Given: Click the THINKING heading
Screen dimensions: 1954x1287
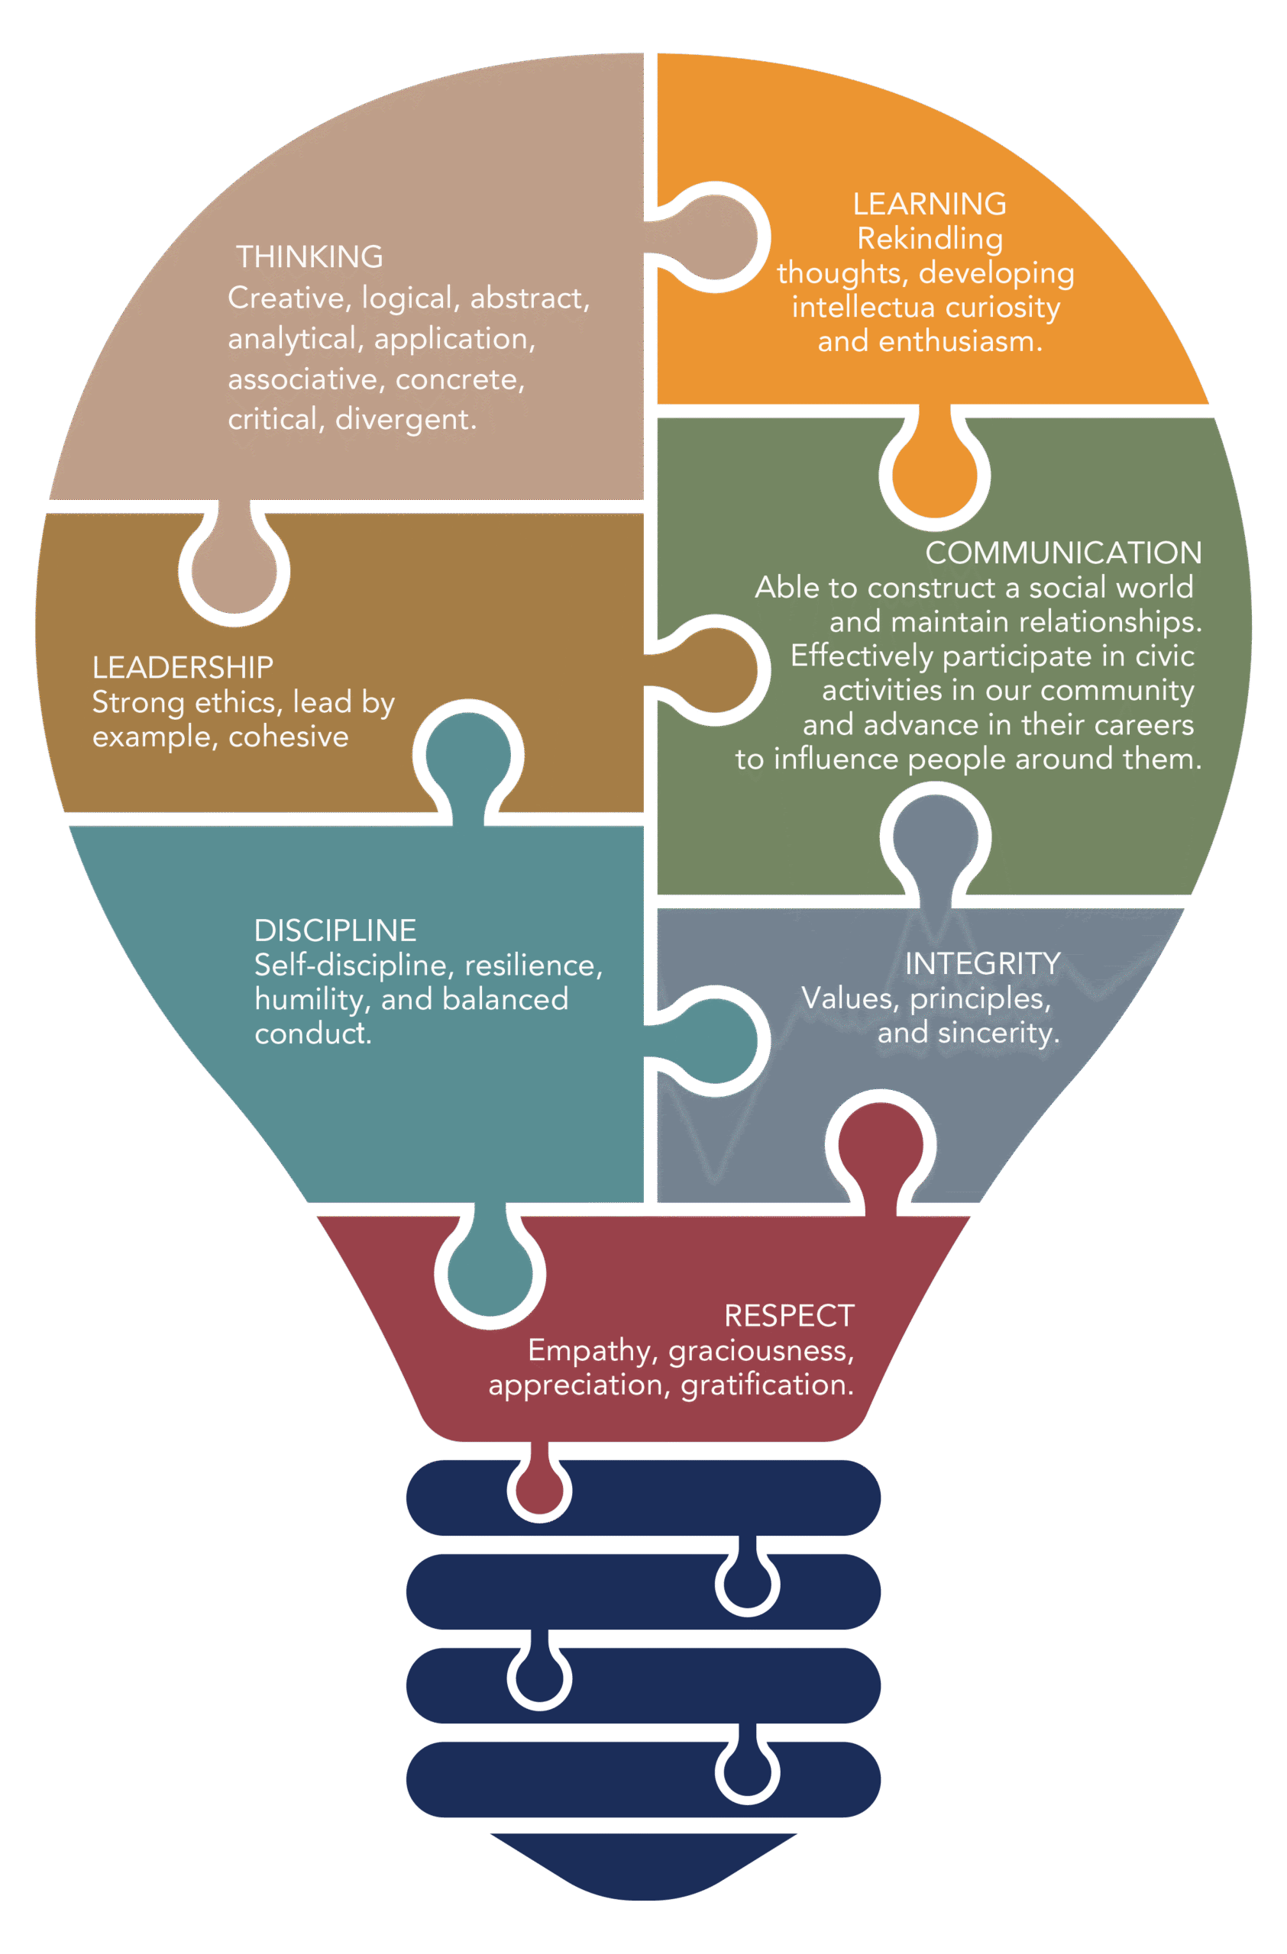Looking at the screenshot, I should click(309, 257).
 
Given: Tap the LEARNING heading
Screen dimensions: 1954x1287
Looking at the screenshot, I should click(929, 204).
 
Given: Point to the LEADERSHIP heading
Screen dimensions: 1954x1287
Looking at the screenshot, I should click(183, 667).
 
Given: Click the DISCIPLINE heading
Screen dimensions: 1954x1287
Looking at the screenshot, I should click(335, 930).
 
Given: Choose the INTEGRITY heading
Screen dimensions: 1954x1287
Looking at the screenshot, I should click(982, 963).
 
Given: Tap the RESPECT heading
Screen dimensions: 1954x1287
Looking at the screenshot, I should click(788, 1315).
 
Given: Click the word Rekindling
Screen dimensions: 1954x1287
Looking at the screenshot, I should click(929, 238).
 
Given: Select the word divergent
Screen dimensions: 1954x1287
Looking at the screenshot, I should click(405, 419).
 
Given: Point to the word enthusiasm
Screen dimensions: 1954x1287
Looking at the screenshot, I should click(960, 340).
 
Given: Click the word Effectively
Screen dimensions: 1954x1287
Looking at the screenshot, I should click(862, 655).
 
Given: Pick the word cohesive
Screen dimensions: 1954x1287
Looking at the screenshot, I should click(288, 737).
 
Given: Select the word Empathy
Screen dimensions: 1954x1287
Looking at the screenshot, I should click(590, 1349).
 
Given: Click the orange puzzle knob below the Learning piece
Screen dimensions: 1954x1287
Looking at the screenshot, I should click(934, 474).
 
